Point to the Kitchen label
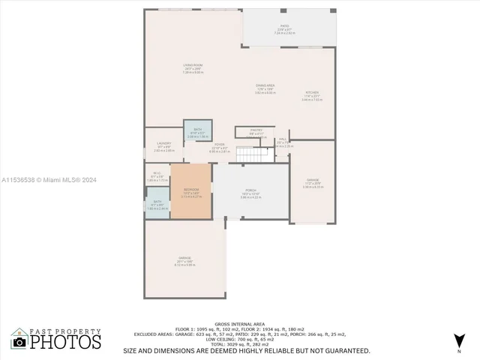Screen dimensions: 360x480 pos(312,94)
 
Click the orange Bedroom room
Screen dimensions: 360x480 pos(191,191)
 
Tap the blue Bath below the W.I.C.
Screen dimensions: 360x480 pos(157,204)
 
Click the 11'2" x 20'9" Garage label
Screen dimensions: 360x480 pos(313,182)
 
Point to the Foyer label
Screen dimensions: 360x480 pos(220,146)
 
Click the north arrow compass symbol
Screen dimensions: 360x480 pos(458,341)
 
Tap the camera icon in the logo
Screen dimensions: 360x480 pos(19,342)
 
